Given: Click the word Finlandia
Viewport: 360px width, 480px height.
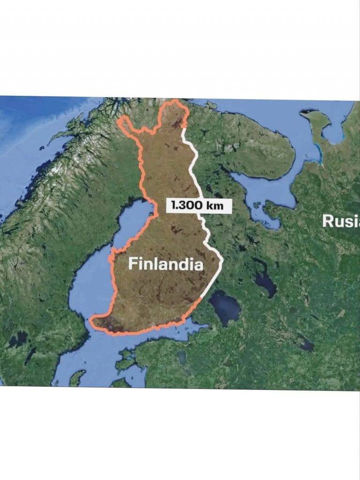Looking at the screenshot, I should tap(166, 264).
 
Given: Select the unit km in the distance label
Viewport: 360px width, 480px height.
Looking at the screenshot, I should tap(215, 205).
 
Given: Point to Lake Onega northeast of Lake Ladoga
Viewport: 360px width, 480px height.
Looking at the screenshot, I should tap(265, 282).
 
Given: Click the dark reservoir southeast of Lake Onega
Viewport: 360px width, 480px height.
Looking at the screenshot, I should tap(306, 345).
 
